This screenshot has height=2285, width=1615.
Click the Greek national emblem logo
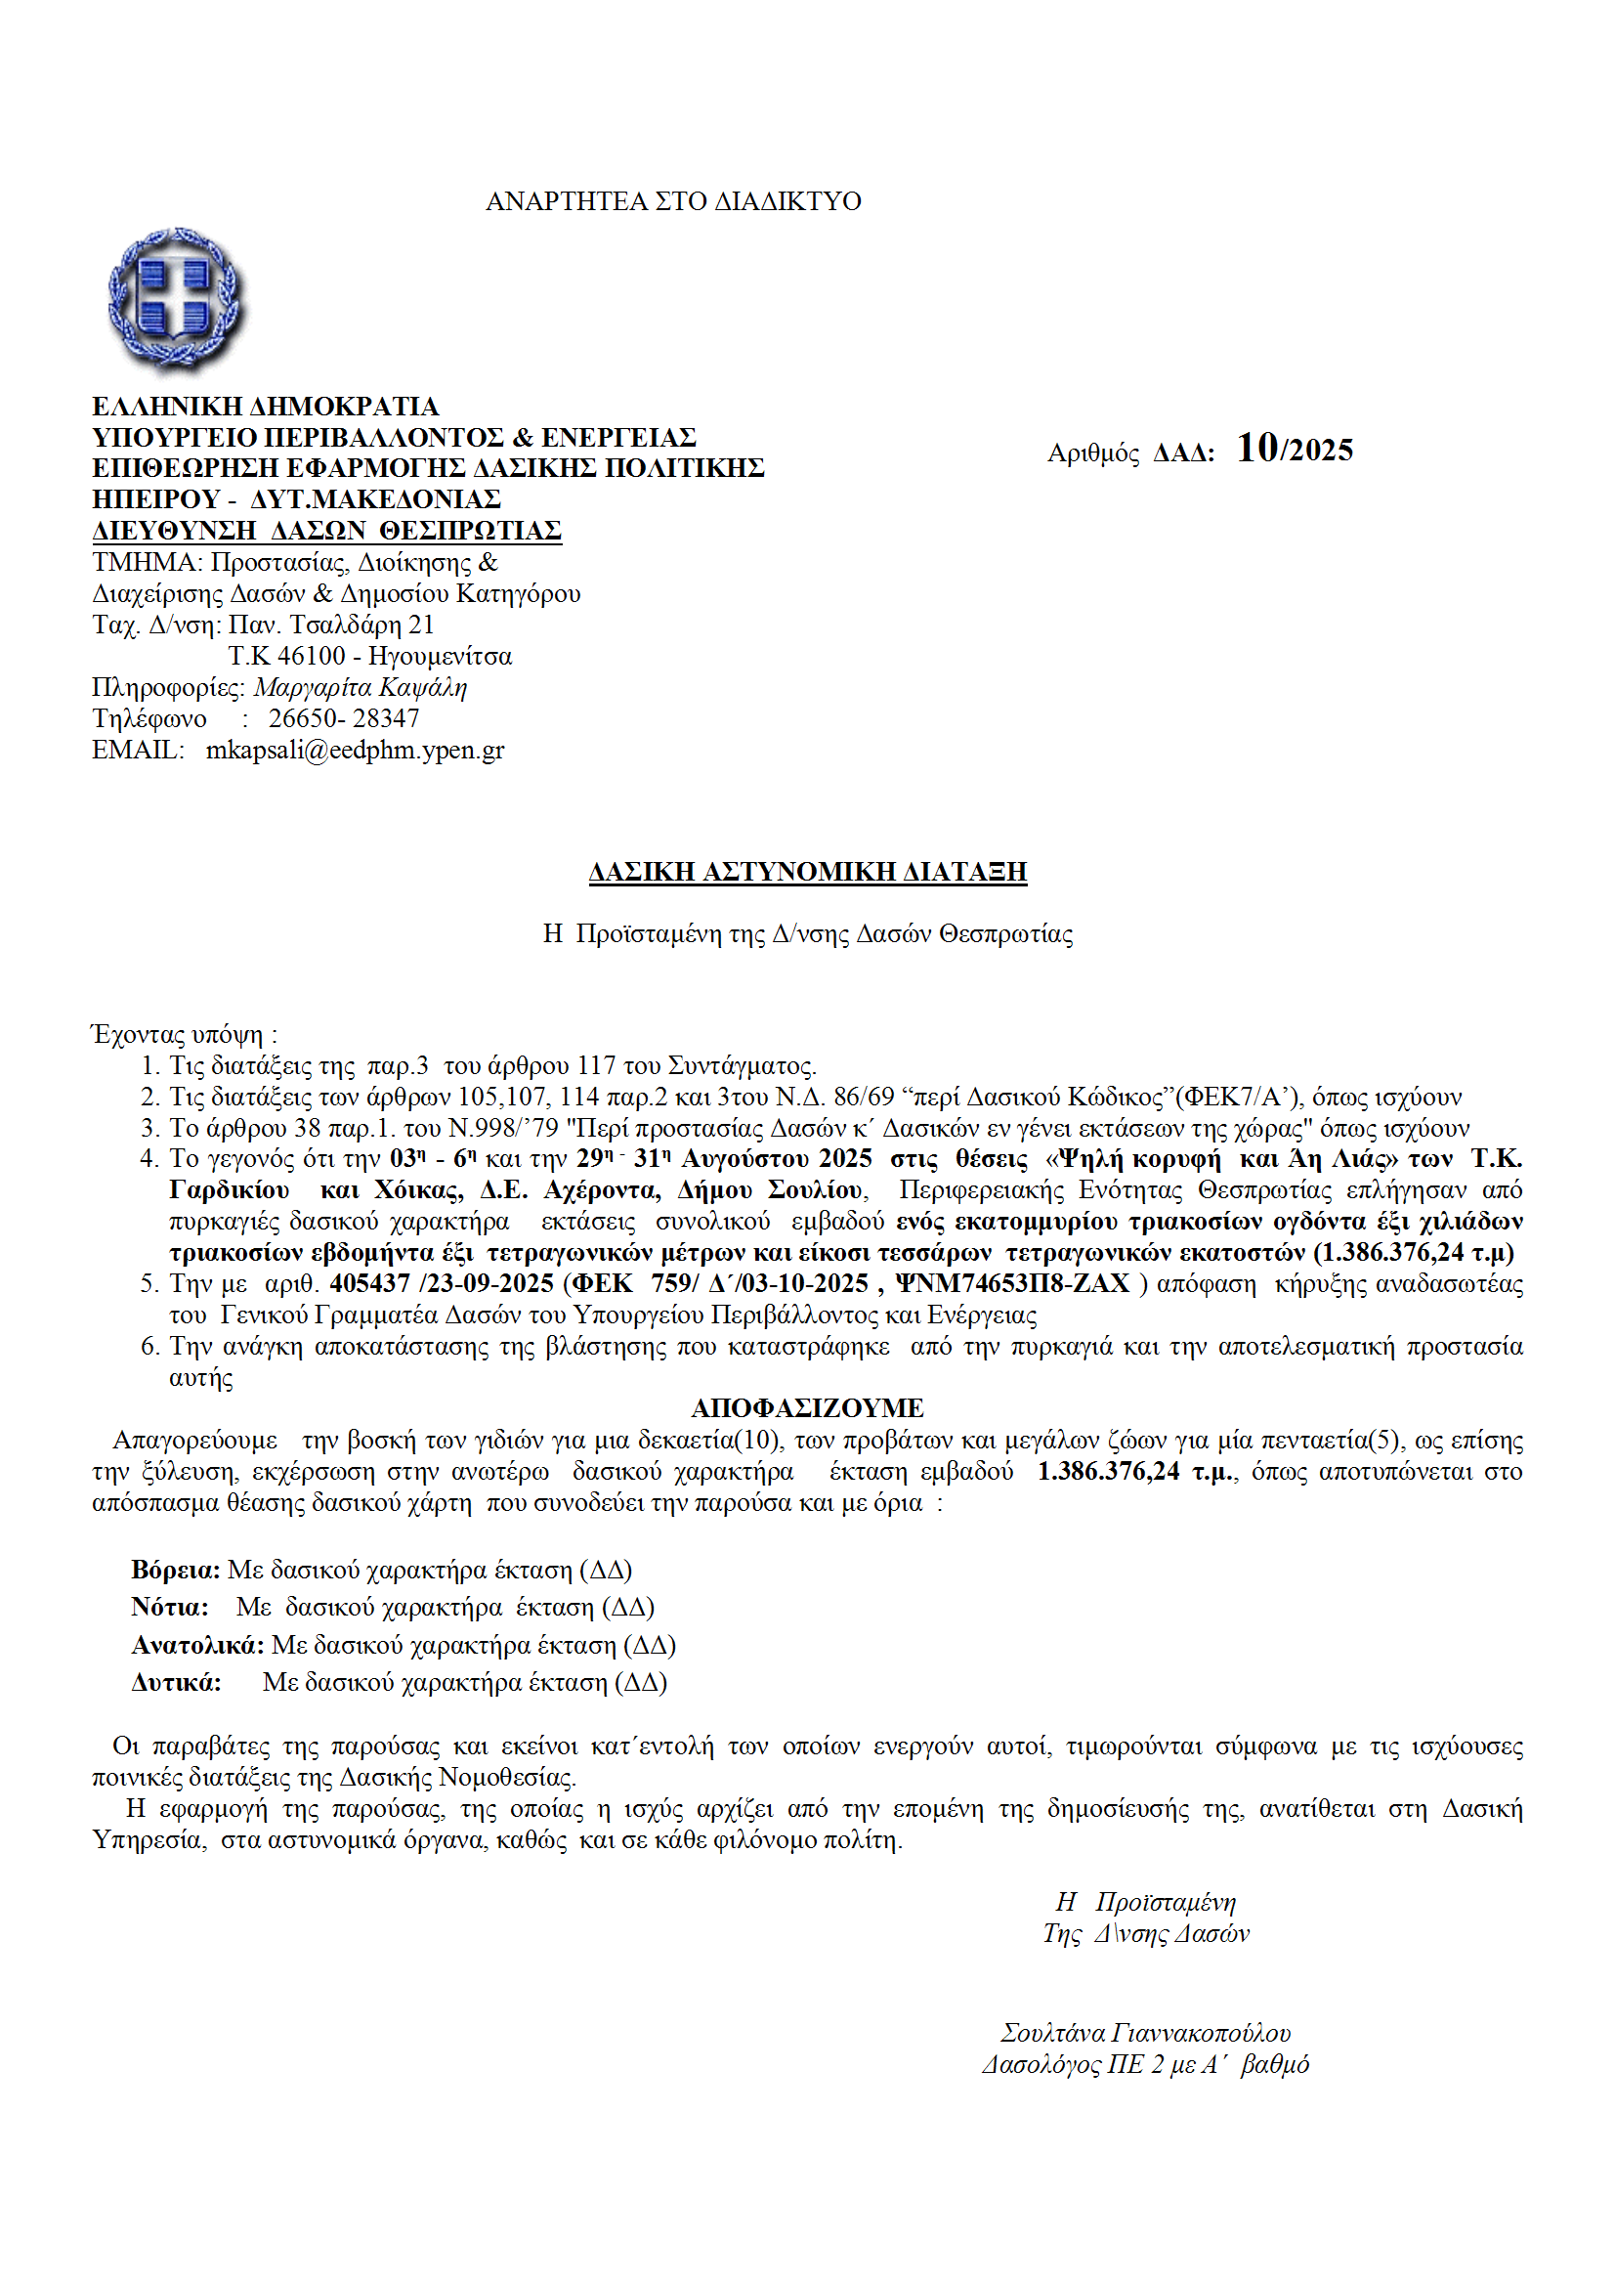pyautogui.click(x=176, y=300)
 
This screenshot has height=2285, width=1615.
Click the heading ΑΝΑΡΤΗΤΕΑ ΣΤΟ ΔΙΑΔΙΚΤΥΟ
pyautogui.click(x=672, y=201)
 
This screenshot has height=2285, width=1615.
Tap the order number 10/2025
pyautogui.click(x=1294, y=450)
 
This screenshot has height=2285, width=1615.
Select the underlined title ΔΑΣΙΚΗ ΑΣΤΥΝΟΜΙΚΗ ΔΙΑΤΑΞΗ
pyautogui.click(x=807, y=872)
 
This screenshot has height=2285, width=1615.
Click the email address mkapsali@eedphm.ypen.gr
pyautogui.click(x=355, y=751)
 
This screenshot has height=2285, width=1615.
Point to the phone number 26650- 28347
pyautogui.click(x=343, y=718)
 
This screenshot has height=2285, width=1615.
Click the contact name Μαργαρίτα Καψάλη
pyautogui.click(x=360, y=688)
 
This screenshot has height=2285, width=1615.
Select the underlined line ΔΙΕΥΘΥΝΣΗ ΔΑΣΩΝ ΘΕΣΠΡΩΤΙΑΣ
pyautogui.click(x=326, y=531)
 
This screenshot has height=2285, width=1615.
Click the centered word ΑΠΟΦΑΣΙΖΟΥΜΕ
pyautogui.click(x=807, y=1408)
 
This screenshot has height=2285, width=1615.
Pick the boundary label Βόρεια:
pyautogui.click(x=175, y=1571)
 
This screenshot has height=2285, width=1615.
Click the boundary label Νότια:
pyautogui.click(x=169, y=1608)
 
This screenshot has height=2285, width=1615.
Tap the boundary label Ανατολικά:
pyautogui.click(x=197, y=1645)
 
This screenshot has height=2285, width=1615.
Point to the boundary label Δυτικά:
pyautogui.click(x=175, y=1683)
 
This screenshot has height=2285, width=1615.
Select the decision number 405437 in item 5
pyautogui.click(x=369, y=1284)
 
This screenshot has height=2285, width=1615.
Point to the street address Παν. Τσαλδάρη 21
pyautogui.click(x=331, y=625)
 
